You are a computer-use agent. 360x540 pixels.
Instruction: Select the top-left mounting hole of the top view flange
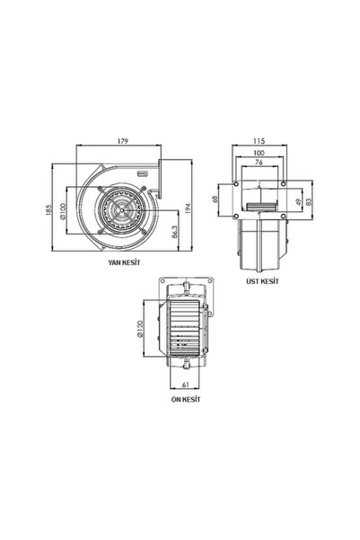tap(235, 183)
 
